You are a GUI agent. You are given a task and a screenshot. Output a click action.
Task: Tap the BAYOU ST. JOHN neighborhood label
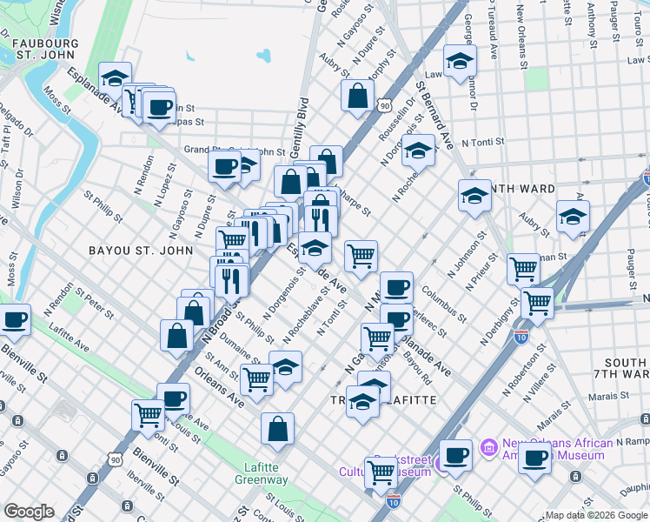click(x=139, y=251)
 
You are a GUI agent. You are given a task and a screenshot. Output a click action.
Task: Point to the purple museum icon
click(x=489, y=448)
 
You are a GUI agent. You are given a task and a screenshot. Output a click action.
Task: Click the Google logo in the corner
click(x=29, y=512)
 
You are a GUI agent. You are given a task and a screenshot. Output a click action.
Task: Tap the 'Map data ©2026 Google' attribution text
click(x=595, y=515)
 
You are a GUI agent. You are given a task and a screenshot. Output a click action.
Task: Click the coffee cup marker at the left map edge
click(x=15, y=319)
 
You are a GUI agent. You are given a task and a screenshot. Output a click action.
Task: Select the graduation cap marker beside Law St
click(x=460, y=60)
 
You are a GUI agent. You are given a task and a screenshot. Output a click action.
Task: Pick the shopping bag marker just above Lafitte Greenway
click(x=277, y=428)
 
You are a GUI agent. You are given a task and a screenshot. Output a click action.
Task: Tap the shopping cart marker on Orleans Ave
click(x=256, y=379)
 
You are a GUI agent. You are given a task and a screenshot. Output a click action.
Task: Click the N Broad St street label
click(x=217, y=317)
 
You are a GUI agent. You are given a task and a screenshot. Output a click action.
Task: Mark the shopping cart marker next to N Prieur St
click(x=523, y=269)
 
